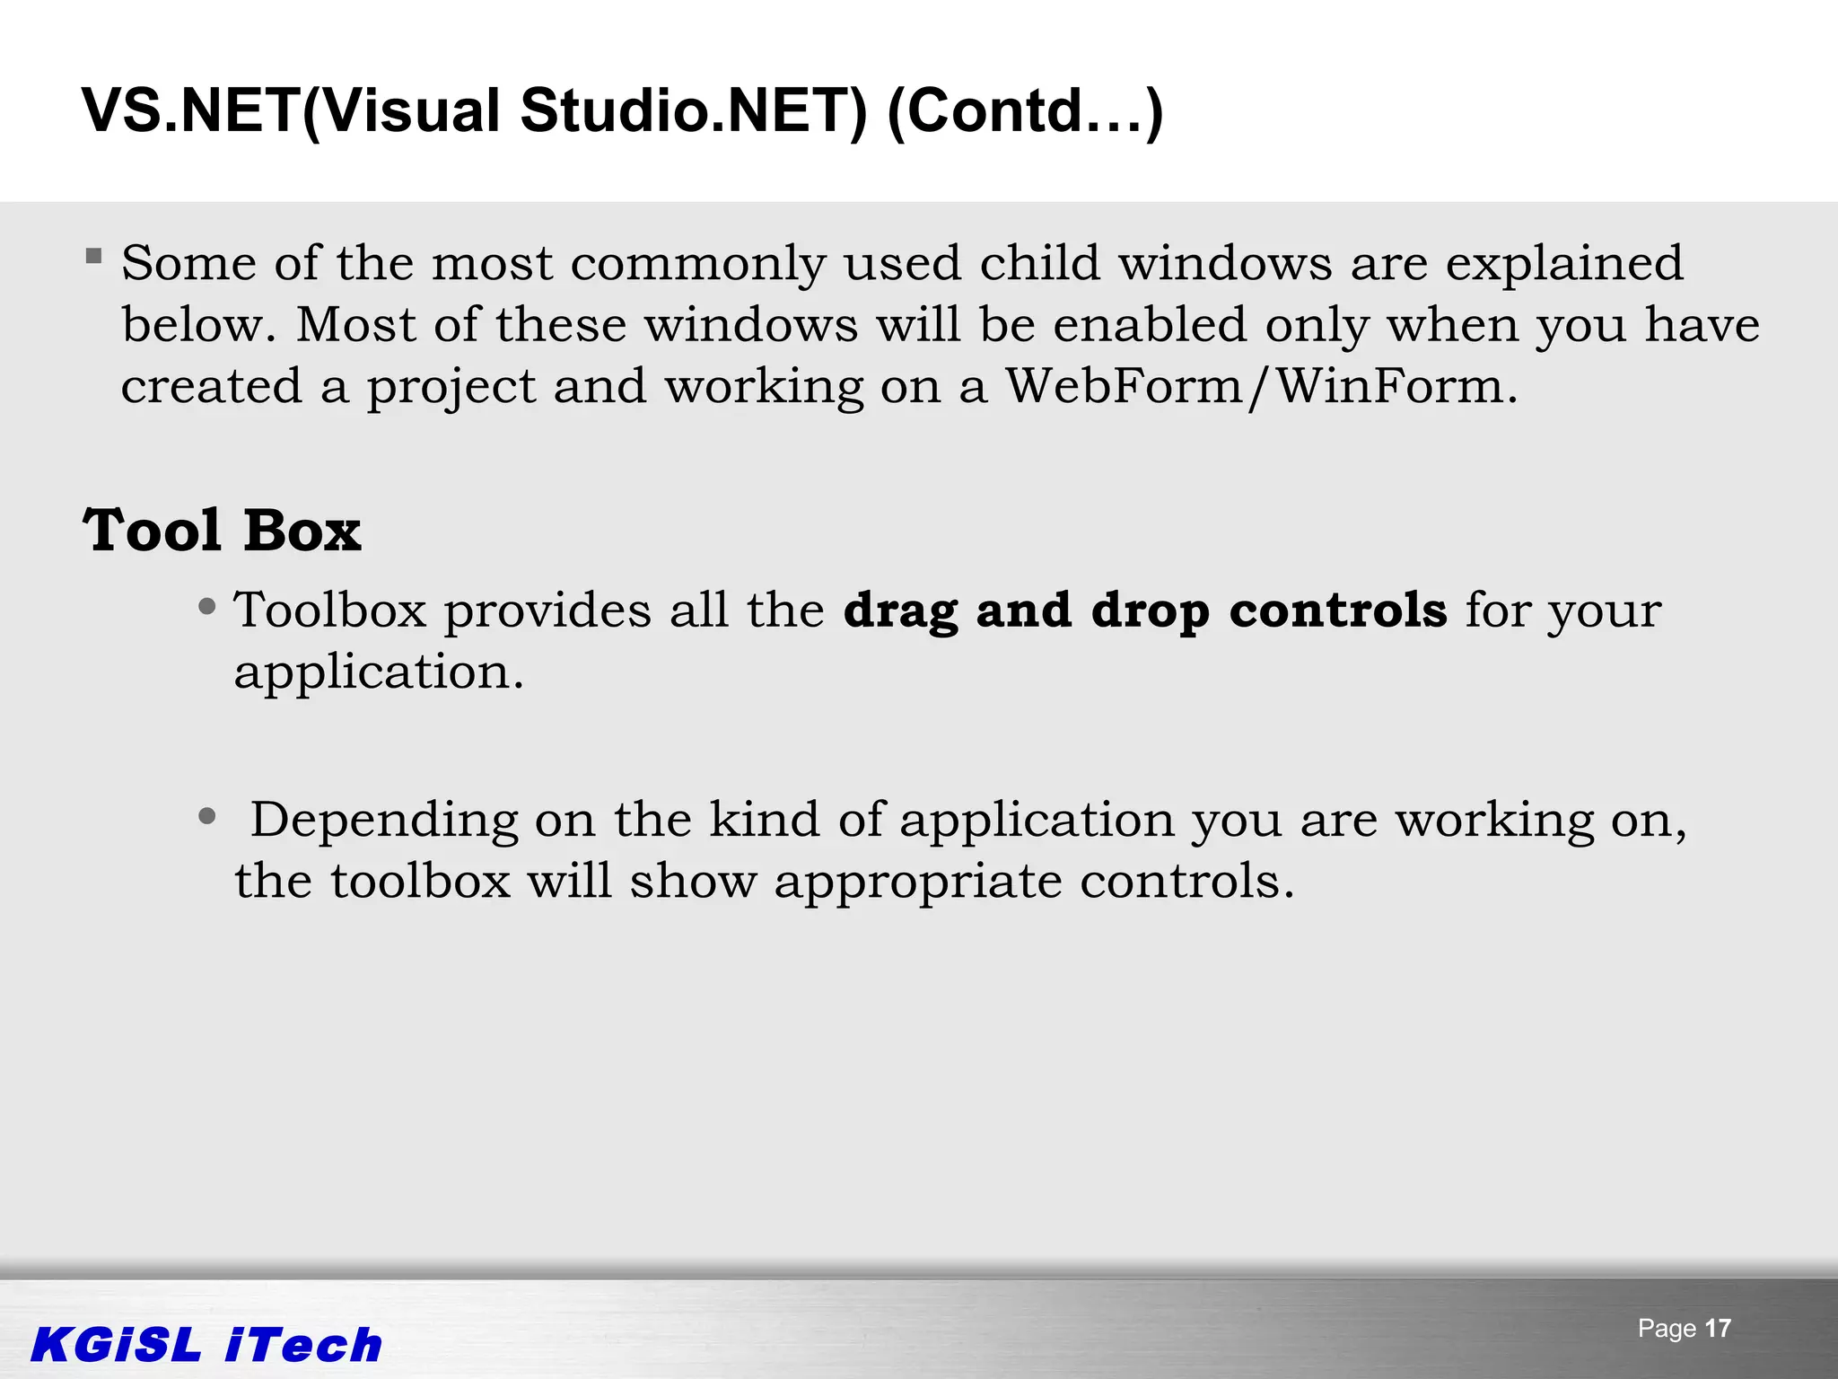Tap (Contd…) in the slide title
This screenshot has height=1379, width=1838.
coord(1024,111)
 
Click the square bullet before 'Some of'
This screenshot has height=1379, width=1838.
coord(94,257)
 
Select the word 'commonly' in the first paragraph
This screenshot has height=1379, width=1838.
coord(697,264)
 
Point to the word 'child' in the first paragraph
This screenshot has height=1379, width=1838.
coord(1039,263)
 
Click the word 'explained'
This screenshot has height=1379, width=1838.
coord(1563,264)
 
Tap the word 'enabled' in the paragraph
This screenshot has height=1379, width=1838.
coord(1150,324)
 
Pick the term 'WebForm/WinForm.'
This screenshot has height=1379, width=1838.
coord(1261,386)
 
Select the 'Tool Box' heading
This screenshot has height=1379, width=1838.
coord(222,530)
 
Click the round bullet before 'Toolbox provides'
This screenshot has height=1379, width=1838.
coord(207,607)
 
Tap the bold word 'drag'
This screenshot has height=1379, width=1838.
coord(900,611)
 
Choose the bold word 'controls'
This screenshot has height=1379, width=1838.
coord(1337,610)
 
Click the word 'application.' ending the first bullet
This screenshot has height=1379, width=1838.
coord(379,672)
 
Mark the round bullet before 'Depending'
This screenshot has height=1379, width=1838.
coord(207,816)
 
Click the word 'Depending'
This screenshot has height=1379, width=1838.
coord(384,821)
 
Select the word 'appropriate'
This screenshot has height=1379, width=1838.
coord(917,882)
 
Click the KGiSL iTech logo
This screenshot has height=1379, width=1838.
coord(206,1345)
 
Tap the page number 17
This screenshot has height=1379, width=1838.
coord(1717,1329)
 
